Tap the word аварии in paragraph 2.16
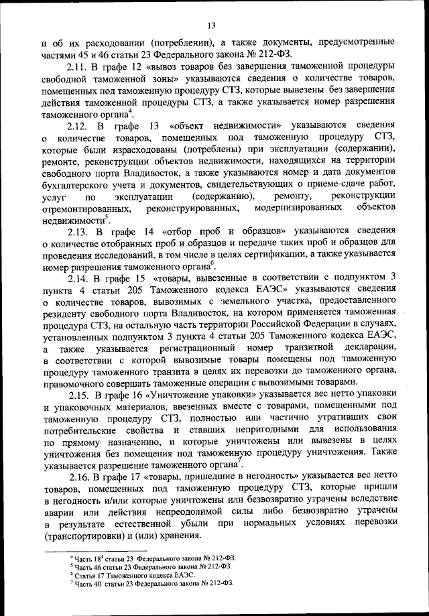coord(59,513)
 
